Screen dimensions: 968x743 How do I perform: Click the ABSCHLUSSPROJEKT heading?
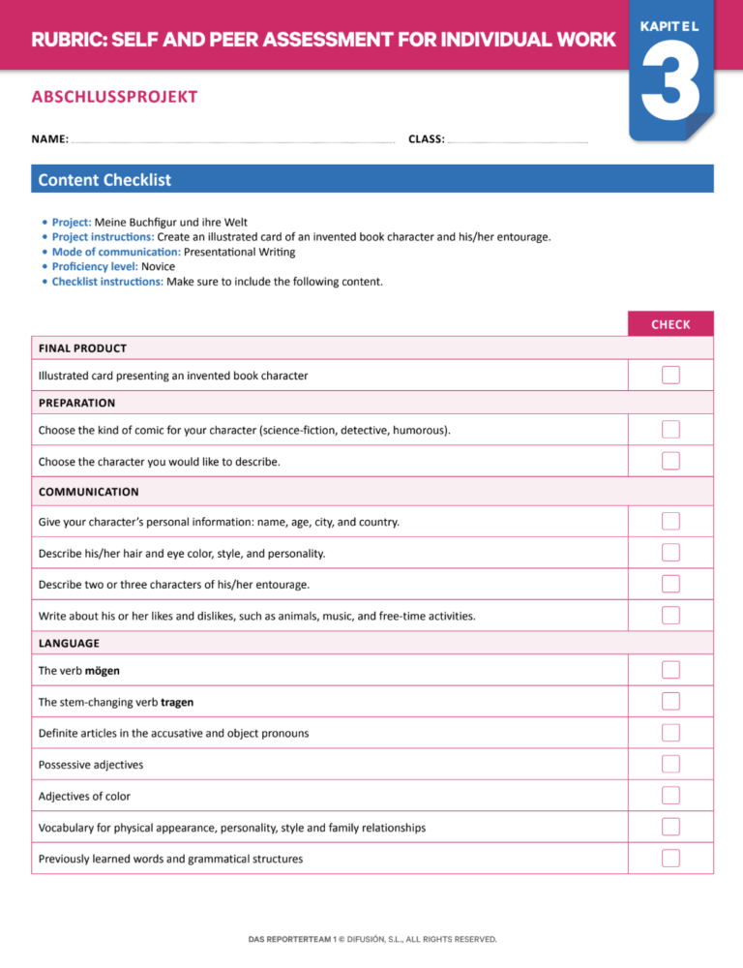point(114,97)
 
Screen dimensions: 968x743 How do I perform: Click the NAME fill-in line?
point(232,141)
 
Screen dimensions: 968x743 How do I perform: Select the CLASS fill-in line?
point(518,141)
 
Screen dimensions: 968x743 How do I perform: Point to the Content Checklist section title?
point(104,179)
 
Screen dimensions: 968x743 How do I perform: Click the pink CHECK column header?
point(670,324)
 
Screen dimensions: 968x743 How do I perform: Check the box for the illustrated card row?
point(670,375)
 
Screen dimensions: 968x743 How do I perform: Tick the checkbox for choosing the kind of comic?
point(670,429)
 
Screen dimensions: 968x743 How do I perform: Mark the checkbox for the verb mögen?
point(670,670)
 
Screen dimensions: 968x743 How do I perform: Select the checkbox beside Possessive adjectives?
point(670,765)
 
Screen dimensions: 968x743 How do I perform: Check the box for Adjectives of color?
point(670,796)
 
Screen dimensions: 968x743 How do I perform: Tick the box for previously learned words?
point(670,859)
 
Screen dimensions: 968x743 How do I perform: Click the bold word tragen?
point(184,702)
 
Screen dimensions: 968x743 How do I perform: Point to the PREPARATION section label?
point(76,403)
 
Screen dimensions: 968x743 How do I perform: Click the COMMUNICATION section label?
point(88,492)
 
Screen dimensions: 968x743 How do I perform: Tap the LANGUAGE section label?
point(69,643)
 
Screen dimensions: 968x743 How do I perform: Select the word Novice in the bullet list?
point(159,267)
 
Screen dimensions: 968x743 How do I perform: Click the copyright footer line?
point(371,939)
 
